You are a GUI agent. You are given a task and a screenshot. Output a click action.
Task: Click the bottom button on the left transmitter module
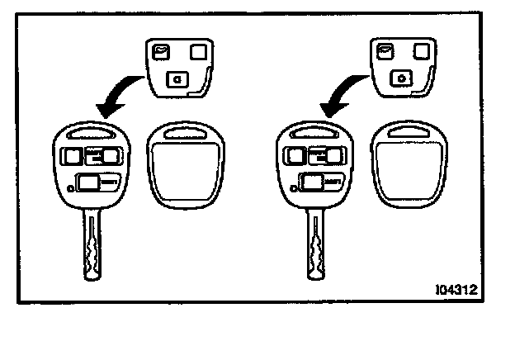point(177,79)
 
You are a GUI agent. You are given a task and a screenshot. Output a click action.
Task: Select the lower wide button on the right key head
point(312,181)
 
